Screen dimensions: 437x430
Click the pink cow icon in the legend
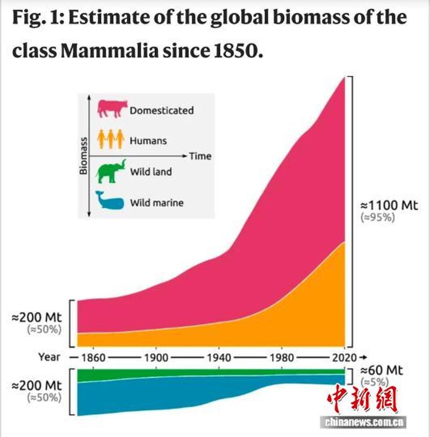pos(113,109)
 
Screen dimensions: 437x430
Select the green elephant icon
pos(111,171)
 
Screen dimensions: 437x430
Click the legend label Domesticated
pos(162,110)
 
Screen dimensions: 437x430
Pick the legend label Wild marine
pos(157,202)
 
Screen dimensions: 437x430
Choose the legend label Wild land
pos(151,172)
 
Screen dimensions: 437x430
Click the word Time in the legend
pos(200,156)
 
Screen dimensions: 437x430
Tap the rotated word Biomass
pos(84,156)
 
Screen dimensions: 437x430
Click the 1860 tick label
pos(93,358)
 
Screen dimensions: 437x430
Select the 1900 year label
pos(156,358)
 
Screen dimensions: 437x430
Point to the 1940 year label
pos(219,358)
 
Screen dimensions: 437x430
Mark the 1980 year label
pos(282,358)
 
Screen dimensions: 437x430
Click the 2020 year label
pos(344,358)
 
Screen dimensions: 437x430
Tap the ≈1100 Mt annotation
pos(388,205)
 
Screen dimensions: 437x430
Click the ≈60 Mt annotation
pos(382,370)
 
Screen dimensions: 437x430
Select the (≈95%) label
pos(377,217)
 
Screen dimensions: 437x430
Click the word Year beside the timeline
pos(49,357)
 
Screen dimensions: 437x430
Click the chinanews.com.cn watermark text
pos(364,422)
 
